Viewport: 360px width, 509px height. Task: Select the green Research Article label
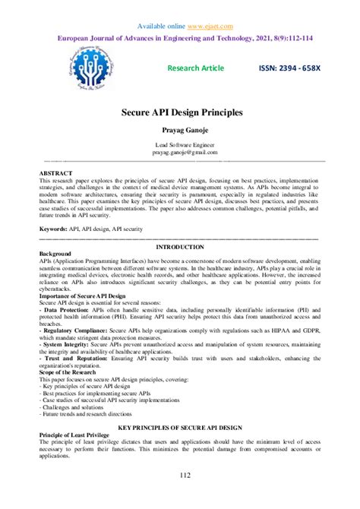click(195, 68)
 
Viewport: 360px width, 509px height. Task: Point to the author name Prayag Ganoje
click(180, 129)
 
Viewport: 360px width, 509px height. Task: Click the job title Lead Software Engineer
click(180, 144)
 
